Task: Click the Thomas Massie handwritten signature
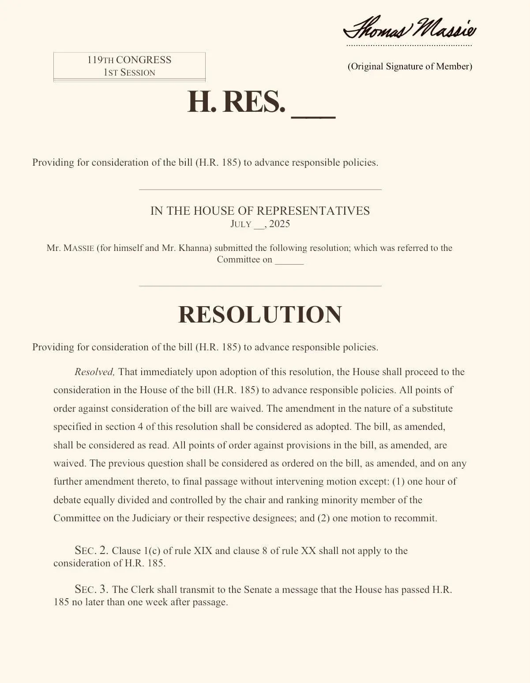[410, 29]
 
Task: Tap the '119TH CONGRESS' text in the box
[129, 60]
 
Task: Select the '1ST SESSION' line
[129, 72]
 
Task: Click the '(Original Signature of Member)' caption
[410, 66]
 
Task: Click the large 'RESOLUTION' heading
[260, 315]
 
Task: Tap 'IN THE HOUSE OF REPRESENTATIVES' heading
[260, 211]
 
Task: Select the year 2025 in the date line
[279, 224]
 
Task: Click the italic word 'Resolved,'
[94, 372]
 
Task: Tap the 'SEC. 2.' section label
[91, 550]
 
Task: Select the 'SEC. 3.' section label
[91, 589]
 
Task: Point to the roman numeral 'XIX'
[203, 551]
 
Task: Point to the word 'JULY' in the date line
[241, 224]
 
